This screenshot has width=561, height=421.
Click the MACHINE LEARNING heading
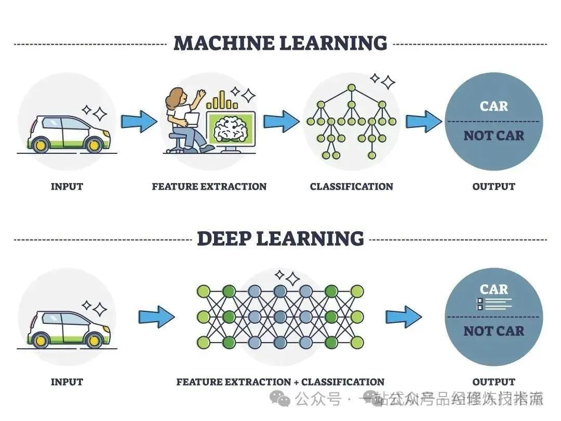click(x=280, y=43)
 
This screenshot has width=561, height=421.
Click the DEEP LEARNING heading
click(x=280, y=239)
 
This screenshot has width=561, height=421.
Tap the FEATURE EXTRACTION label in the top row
click(x=209, y=186)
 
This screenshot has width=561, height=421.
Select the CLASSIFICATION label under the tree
click(x=351, y=186)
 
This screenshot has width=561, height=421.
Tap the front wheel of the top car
click(x=94, y=145)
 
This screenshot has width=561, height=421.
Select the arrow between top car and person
click(x=139, y=122)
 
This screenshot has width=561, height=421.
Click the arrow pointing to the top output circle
click(x=424, y=122)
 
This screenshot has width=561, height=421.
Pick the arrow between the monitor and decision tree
click(x=281, y=122)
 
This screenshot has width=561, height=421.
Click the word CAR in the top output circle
click(x=493, y=106)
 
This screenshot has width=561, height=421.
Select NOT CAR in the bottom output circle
click(x=493, y=331)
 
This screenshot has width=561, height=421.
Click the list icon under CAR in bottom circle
click(x=493, y=304)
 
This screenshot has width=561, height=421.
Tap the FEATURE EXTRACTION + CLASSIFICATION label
click(x=280, y=382)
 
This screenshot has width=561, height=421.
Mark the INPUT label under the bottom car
click(x=66, y=382)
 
